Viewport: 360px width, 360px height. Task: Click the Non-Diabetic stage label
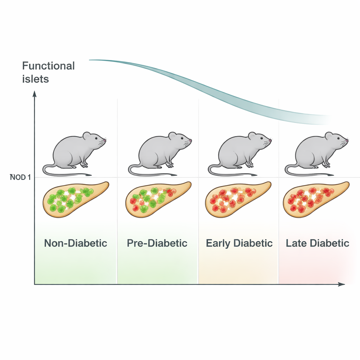point(76,243)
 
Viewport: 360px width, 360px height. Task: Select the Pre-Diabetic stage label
point(157,243)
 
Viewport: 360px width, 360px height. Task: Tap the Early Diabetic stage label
point(239,243)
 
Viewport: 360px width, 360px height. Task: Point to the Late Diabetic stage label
point(317,243)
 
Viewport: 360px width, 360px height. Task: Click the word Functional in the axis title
point(49,66)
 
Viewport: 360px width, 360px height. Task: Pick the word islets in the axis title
point(36,79)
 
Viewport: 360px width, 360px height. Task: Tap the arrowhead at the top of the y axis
point(34,94)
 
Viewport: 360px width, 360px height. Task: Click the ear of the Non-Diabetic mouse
point(86,136)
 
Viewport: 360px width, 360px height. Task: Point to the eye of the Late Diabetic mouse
point(339,138)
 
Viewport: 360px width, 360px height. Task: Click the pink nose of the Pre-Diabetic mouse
point(191,140)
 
